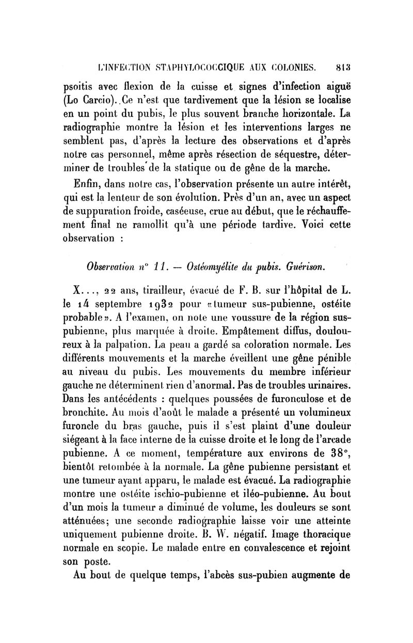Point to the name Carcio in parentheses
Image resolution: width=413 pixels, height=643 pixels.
pyautogui.click(x=108, y=100)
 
